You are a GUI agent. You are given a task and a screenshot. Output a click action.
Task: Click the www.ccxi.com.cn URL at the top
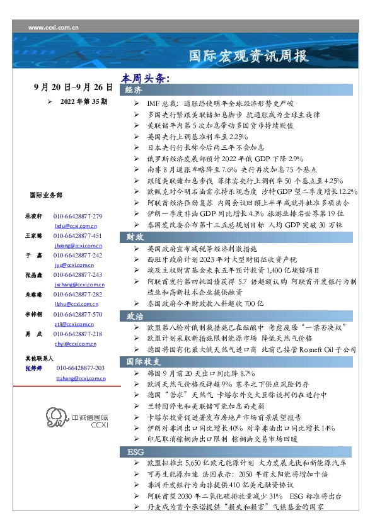54,27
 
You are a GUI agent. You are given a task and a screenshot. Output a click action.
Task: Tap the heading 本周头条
146,79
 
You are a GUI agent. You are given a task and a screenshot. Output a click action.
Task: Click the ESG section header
136,453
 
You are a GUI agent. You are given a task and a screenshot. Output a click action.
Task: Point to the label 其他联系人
38,358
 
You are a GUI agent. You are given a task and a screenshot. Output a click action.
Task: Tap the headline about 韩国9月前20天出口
200,373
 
